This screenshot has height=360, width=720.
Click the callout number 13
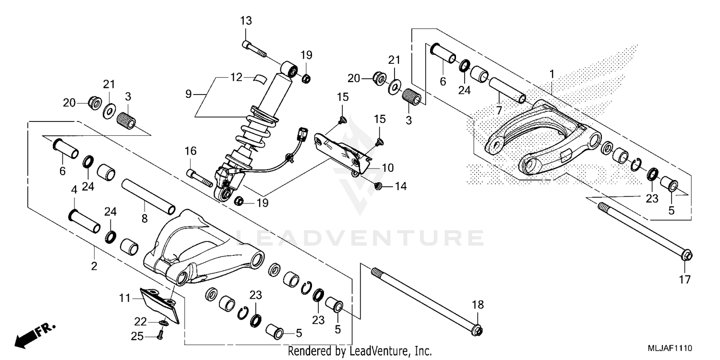246,21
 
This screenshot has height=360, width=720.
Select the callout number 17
685,280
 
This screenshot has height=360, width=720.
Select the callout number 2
94,265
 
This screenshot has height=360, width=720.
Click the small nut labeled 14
378,186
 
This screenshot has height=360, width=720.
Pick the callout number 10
388,168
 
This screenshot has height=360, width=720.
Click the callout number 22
140,321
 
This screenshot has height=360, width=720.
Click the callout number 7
498,111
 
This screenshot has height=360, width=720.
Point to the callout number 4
74,190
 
